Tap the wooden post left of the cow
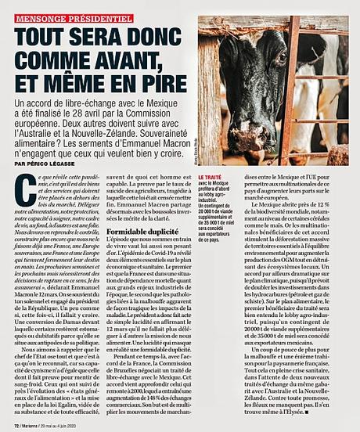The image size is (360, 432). point(211,86)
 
